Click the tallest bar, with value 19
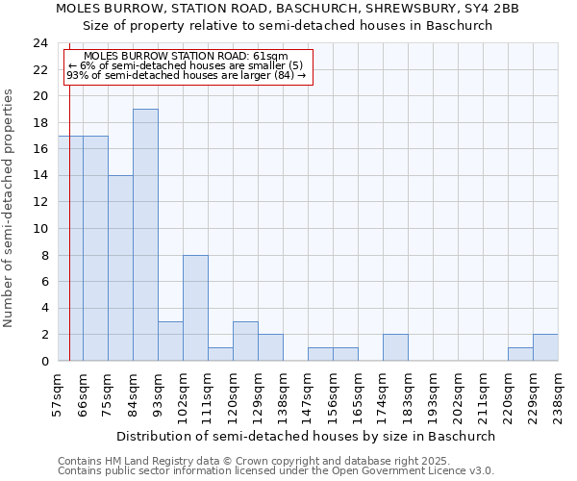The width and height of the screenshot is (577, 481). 145,235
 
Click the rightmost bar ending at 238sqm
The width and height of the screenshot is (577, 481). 545,347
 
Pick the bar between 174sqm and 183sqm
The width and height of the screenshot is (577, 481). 395,347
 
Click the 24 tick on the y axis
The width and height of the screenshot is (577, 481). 39,43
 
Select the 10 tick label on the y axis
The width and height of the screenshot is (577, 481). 39,229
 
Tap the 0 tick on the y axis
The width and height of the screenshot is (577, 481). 43,361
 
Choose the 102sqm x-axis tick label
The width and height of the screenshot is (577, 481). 184,394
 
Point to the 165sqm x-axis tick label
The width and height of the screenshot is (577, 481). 359,394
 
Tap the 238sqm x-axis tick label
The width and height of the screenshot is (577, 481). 559,394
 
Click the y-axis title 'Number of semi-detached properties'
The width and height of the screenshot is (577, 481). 10,208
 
